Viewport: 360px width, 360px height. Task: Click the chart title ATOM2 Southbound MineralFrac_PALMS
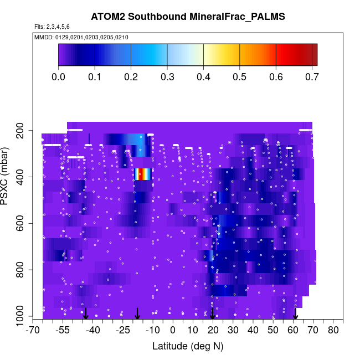coord(188,16)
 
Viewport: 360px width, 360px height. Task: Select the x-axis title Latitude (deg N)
coord(188,346)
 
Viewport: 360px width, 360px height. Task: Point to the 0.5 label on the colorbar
coord(239,76)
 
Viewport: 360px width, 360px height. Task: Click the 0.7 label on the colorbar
coord(311,76)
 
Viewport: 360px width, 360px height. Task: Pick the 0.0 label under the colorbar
coord(58,76)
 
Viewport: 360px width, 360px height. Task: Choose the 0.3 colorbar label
coord(167,76)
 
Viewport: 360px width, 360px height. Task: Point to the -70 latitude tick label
coord(33,331)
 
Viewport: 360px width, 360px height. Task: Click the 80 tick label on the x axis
coord(333,331)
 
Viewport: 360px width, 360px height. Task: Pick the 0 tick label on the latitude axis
coord(173,331)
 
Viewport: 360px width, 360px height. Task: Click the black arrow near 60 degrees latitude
coord(295,314)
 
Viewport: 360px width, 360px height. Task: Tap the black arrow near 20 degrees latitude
coord(212,314)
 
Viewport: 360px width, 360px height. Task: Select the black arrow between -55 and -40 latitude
coord(86,314)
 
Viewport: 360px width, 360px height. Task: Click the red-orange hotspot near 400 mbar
coord(142,174)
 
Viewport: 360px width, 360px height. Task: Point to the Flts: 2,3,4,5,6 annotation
coord(52,26)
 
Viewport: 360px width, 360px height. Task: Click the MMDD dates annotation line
coord(81,37)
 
